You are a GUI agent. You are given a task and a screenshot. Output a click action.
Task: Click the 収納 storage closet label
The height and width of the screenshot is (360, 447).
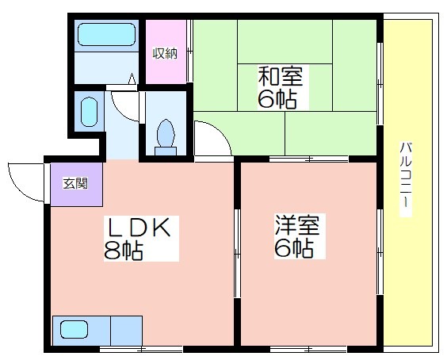(x=165, y=53)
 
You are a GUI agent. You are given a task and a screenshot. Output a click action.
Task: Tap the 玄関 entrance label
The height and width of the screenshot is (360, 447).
(x=75, y=183)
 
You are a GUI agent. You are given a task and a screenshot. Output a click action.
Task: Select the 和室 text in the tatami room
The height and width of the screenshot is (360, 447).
(x=281, y=75)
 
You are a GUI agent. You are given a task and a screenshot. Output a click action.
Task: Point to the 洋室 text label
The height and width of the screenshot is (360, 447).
(x=297, y=224)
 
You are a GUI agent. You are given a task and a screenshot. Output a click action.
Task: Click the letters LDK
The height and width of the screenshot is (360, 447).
(x=139, y=228)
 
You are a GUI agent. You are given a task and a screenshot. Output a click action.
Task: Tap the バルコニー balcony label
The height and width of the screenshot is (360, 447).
(x=405, y=179)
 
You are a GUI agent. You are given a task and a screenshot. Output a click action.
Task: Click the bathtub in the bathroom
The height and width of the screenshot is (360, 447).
(x=106, y=35)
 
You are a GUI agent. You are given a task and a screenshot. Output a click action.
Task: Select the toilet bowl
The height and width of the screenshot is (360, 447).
(x=166, y=133)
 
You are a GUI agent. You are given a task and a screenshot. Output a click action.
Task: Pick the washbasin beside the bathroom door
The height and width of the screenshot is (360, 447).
(x=90, y=112)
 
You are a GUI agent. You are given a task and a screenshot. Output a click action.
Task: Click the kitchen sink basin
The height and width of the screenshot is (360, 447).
(x=74, y=330)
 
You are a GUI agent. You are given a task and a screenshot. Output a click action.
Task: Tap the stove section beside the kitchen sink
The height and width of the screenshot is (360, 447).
(x=126, y=331)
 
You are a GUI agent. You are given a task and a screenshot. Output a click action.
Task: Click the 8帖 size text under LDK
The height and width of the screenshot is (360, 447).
(x=123, y=251)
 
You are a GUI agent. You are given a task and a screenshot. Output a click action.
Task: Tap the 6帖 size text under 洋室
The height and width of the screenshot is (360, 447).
(x=294, y=248)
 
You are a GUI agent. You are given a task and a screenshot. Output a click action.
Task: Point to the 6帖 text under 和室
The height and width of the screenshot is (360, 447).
(x=277, y=100)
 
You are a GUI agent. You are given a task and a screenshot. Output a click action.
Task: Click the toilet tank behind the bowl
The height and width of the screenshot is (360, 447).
(x=166, y=151)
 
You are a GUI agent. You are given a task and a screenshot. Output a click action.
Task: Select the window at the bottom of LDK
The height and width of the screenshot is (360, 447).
(x=141, y=349)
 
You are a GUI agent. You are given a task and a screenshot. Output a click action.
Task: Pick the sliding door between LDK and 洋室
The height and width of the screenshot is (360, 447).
(x=237, y=253)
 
